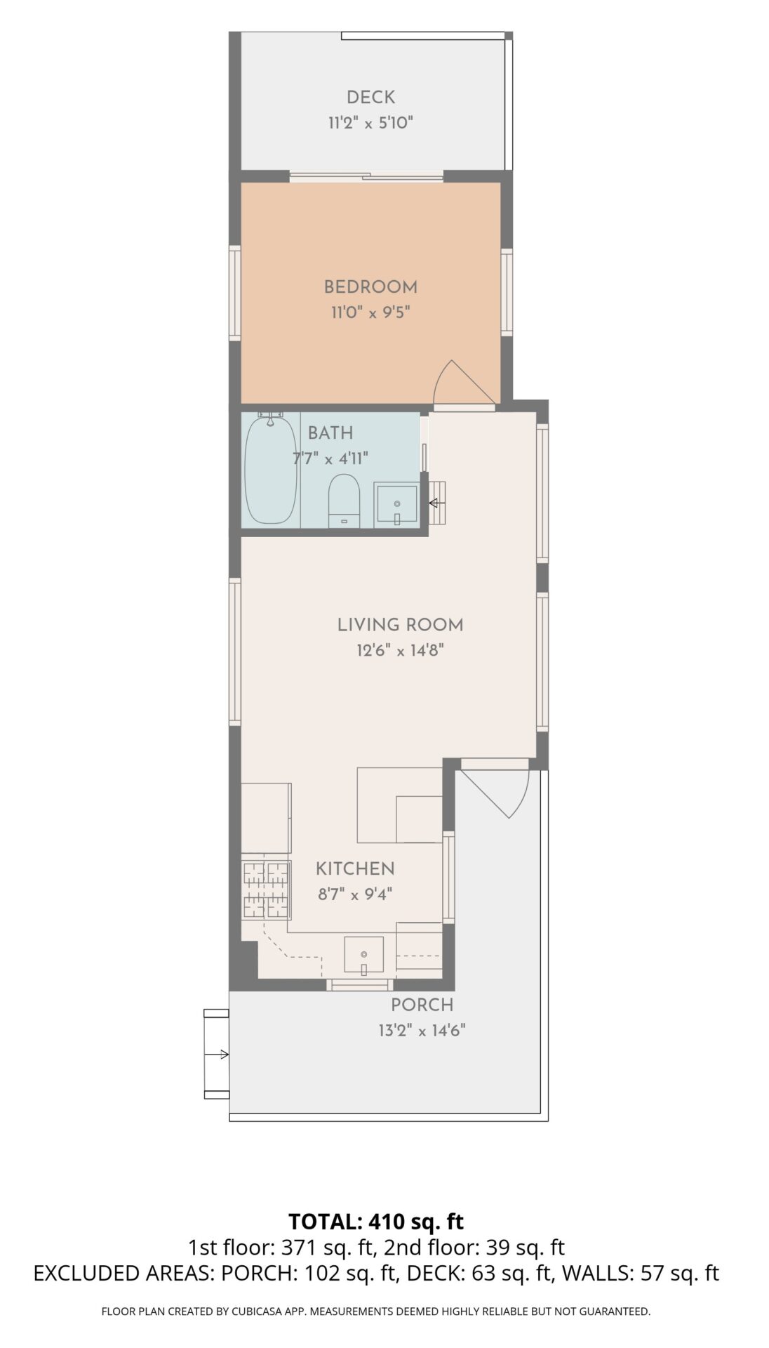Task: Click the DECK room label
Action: pos(370,98)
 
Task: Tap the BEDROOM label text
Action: pos(370,287)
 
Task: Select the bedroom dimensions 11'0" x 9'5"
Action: pos(370,312)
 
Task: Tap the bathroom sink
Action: pos(396,504)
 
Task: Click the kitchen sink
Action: pos(363,956)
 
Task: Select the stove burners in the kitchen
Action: pos(266,890)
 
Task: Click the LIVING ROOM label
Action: pos(401,625)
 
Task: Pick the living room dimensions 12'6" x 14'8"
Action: pos(401,651)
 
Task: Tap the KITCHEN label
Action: pos(355,869)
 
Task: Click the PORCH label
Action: pos(422,1005)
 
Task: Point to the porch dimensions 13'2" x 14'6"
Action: pos(422,1031)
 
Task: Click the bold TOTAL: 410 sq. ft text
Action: pos(376,1221)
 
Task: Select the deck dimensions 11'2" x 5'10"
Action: pos(370,124)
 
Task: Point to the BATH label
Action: pos(330,433)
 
